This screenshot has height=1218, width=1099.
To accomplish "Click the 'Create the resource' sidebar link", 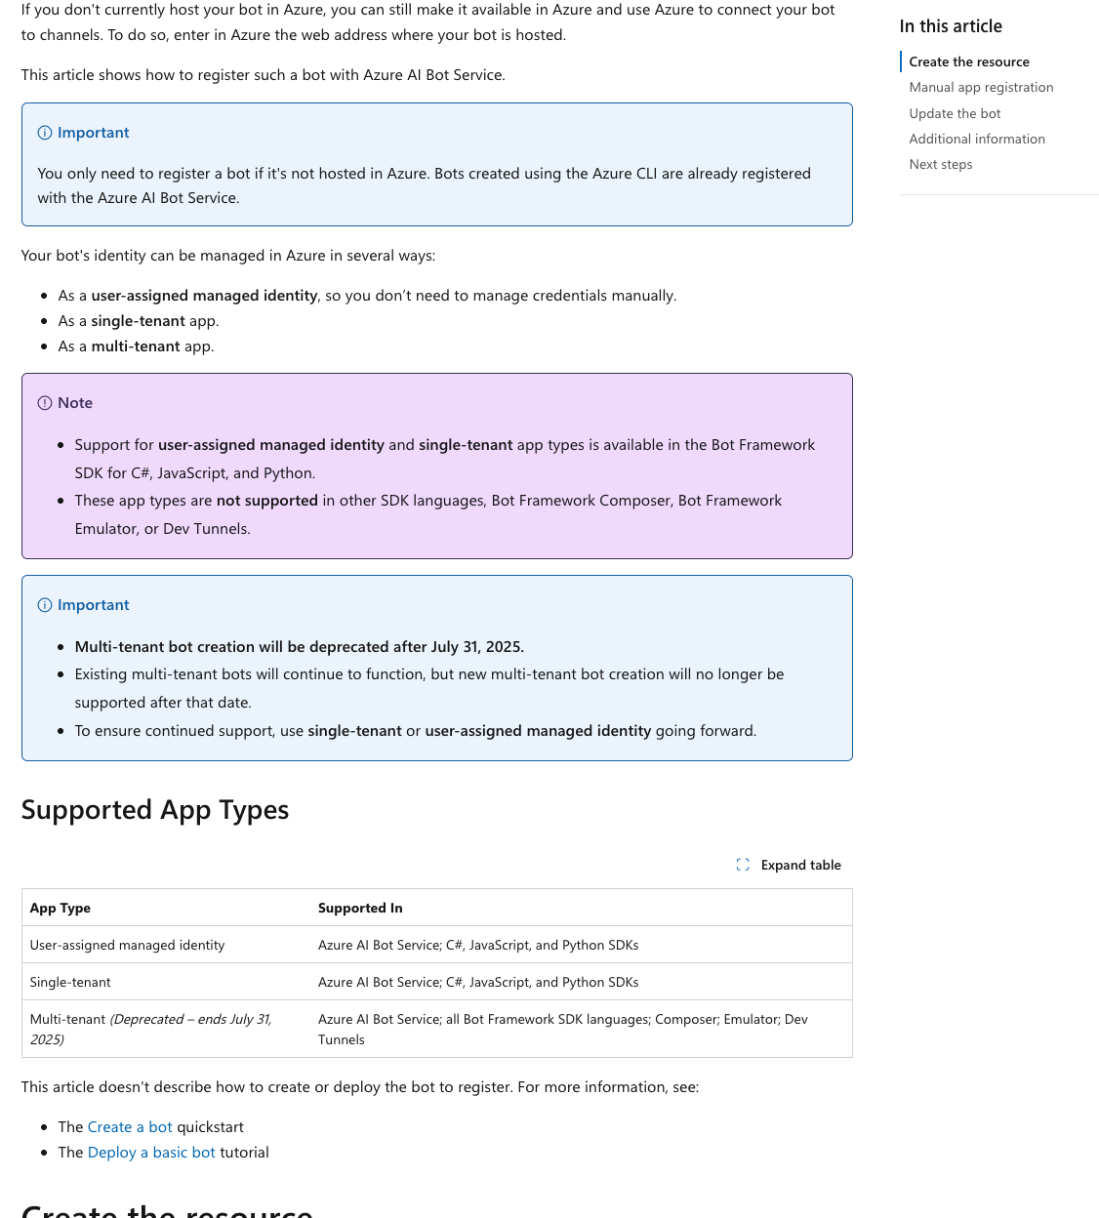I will coord(968,61).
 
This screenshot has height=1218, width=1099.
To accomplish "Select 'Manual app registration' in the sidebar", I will coord(981,87).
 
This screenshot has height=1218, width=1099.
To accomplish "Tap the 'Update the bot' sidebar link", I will coord(955,113).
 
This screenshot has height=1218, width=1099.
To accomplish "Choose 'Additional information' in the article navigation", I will coord(976,139).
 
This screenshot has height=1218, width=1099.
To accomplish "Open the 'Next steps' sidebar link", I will coord(940,164).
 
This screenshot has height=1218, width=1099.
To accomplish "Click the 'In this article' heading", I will coord(950,26).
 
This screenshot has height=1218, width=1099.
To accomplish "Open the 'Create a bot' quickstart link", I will coord(130,1126).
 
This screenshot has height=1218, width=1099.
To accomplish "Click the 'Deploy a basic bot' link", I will coord(151,1152).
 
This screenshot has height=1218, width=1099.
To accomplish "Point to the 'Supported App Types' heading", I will coord(155,810).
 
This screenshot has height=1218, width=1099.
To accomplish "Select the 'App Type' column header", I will coord(61,908).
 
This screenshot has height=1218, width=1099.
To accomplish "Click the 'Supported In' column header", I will coord(360,908).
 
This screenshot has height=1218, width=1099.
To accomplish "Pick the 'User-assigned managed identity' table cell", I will coord(127,945).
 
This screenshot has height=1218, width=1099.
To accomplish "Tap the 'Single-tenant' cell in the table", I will coord(70,982).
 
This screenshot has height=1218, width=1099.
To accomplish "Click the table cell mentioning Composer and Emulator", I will coord(562,1029).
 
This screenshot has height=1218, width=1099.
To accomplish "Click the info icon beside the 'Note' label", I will coord(45,403).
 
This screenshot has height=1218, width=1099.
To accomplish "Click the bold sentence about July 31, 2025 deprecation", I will coord(299,646).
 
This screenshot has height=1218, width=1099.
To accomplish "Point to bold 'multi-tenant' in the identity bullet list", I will coord(136,346).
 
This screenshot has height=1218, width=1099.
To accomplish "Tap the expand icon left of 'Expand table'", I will coord(743,865).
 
